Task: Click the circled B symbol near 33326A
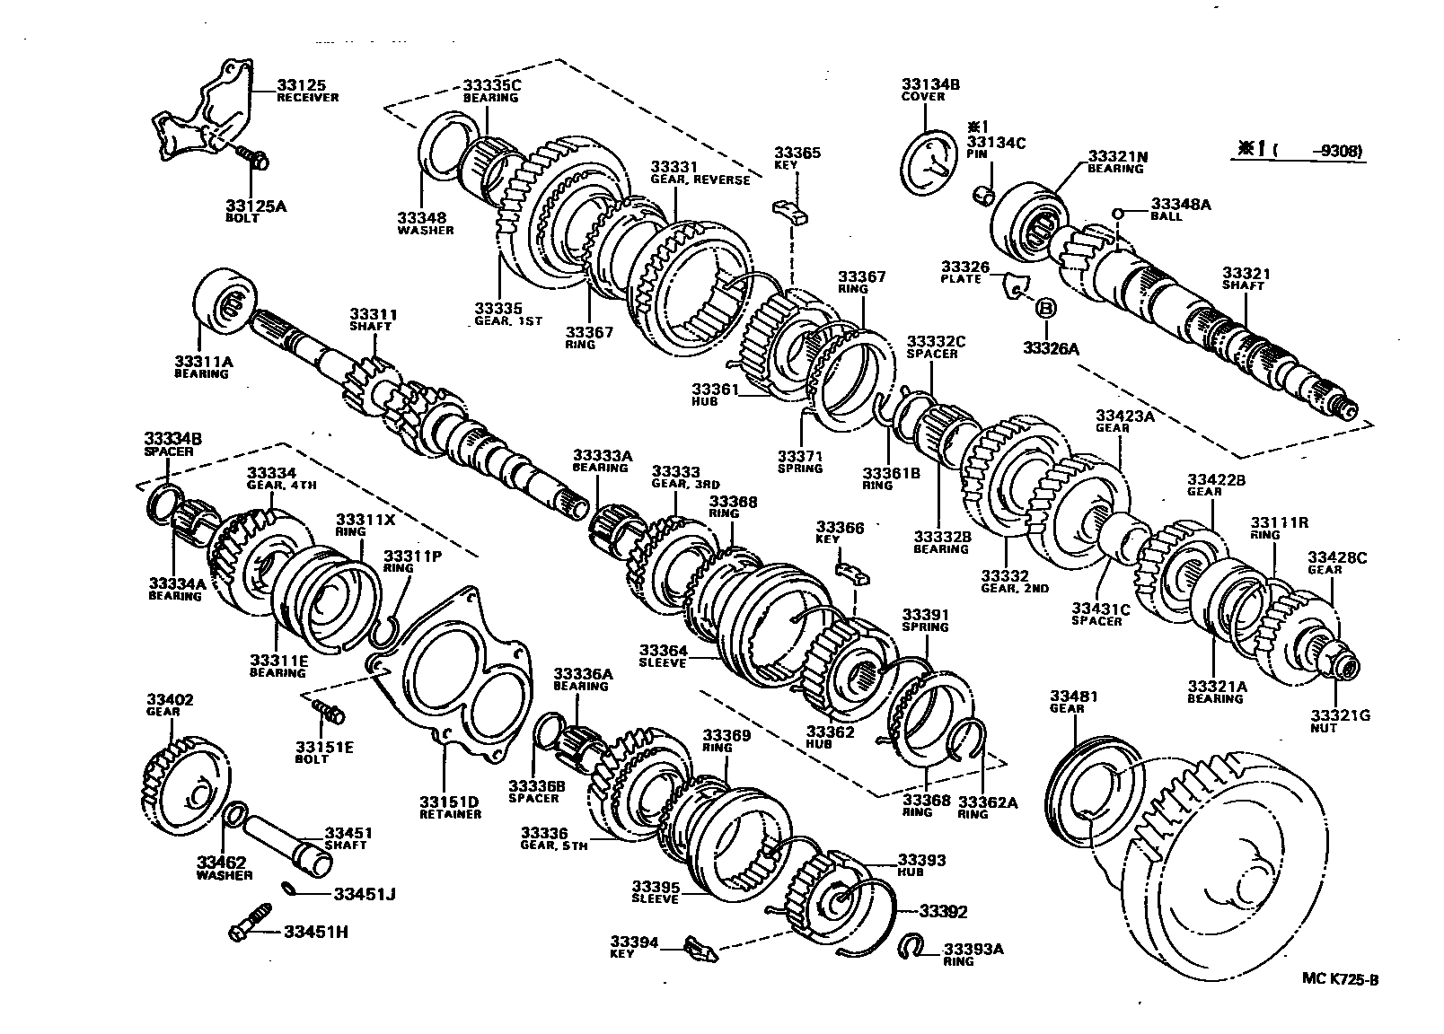[1044, 308]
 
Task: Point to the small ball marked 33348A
[1118, 214]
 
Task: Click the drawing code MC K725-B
[1339, 978]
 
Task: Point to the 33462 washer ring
[233, 816]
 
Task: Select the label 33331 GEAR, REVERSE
[699, 173]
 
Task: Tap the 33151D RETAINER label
[450, 808]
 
